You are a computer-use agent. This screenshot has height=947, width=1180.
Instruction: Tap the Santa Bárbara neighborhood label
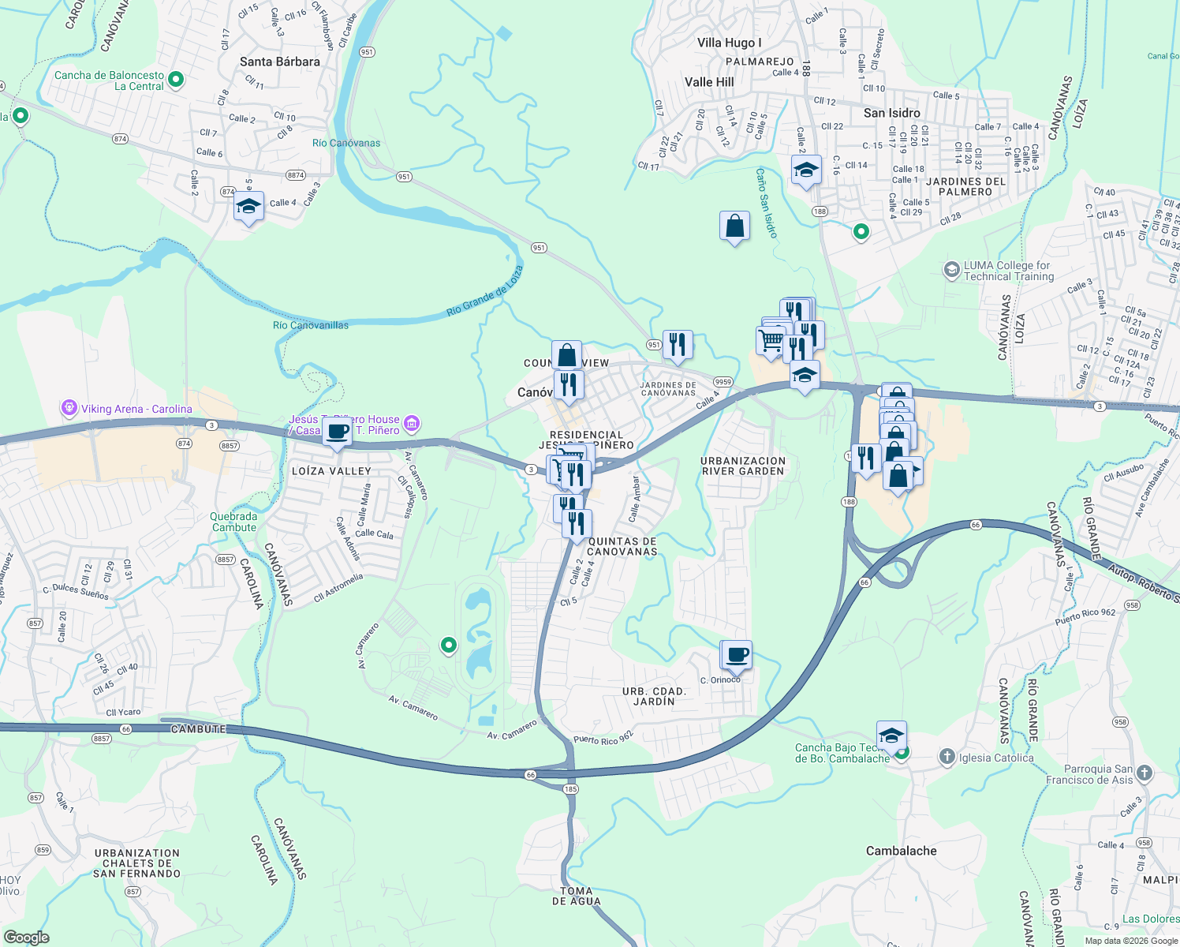280,62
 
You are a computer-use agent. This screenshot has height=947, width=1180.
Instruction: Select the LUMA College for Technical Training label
1008,271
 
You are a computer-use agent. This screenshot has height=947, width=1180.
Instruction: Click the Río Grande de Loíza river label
484,291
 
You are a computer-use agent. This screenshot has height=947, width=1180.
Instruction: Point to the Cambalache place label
902,851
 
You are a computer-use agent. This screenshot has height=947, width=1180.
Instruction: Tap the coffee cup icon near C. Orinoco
737,654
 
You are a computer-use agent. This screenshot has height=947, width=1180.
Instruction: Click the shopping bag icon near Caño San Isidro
734,226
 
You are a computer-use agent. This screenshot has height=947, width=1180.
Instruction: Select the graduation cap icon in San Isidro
805,170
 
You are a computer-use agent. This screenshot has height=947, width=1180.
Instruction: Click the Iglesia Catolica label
995,758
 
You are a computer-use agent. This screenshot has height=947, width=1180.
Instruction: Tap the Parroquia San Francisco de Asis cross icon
1145,773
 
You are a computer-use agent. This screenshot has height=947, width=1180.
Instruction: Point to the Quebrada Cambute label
234,522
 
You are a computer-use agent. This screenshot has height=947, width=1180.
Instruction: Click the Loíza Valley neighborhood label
331,471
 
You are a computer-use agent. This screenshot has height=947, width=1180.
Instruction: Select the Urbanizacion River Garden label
743,466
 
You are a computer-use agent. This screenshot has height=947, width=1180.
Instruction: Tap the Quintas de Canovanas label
622,546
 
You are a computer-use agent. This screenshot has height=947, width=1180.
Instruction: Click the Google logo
26,938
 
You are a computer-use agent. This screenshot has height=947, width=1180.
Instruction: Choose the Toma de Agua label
576,896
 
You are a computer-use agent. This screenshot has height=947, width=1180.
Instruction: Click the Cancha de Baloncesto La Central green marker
176,79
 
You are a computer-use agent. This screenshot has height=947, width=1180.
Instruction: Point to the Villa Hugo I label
729,43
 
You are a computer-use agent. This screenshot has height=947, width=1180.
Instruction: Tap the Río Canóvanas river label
346,143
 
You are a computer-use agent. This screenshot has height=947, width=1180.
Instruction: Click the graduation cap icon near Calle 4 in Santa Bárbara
248,207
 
